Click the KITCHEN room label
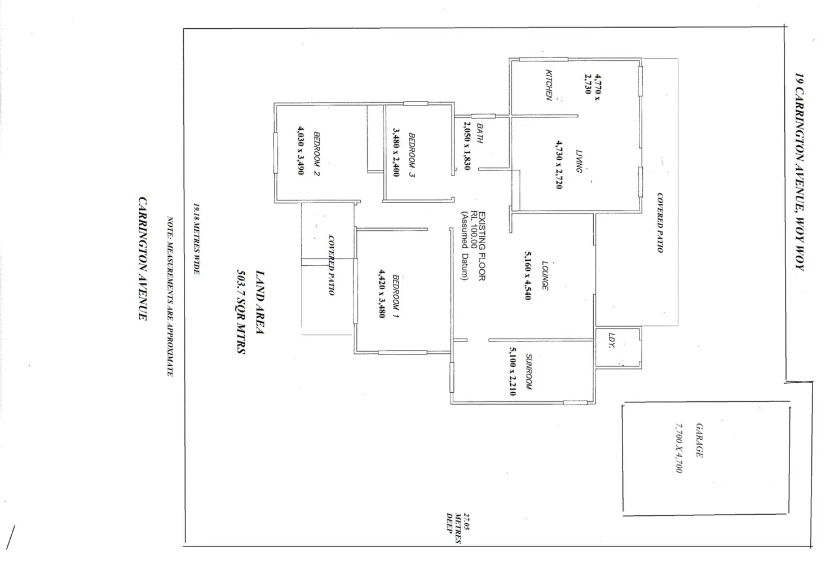tap(549, 85)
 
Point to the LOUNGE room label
tap(545, 275)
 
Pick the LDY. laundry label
tap(612, 340)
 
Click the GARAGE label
tap(699, 440)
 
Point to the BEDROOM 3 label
tap(412, 155)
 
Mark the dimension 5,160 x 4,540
tap(528, 275)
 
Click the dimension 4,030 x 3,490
tap(300, 150)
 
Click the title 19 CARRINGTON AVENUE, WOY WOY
tap(798, 172)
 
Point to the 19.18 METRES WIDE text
tap(196, 239)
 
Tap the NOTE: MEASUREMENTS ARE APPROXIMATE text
tap(169, 296)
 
